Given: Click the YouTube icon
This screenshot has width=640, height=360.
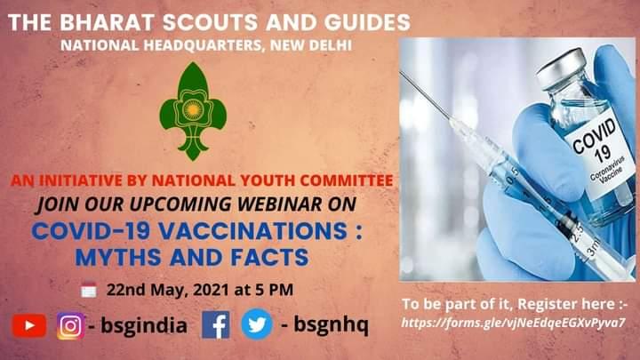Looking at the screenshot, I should click(28, 326).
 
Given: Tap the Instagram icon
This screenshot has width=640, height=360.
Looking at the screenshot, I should click(70, 326).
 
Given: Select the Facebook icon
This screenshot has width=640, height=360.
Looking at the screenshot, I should click(216, 325).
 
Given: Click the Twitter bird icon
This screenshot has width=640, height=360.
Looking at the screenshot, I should click(256, 325).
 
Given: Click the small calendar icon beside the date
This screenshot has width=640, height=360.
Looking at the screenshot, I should click(88, 290).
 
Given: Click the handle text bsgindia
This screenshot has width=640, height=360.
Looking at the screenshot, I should click(143, 326).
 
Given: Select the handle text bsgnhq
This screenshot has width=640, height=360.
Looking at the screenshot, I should click(324, 326).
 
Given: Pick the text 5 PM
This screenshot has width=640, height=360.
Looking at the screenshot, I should click(273, 290).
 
